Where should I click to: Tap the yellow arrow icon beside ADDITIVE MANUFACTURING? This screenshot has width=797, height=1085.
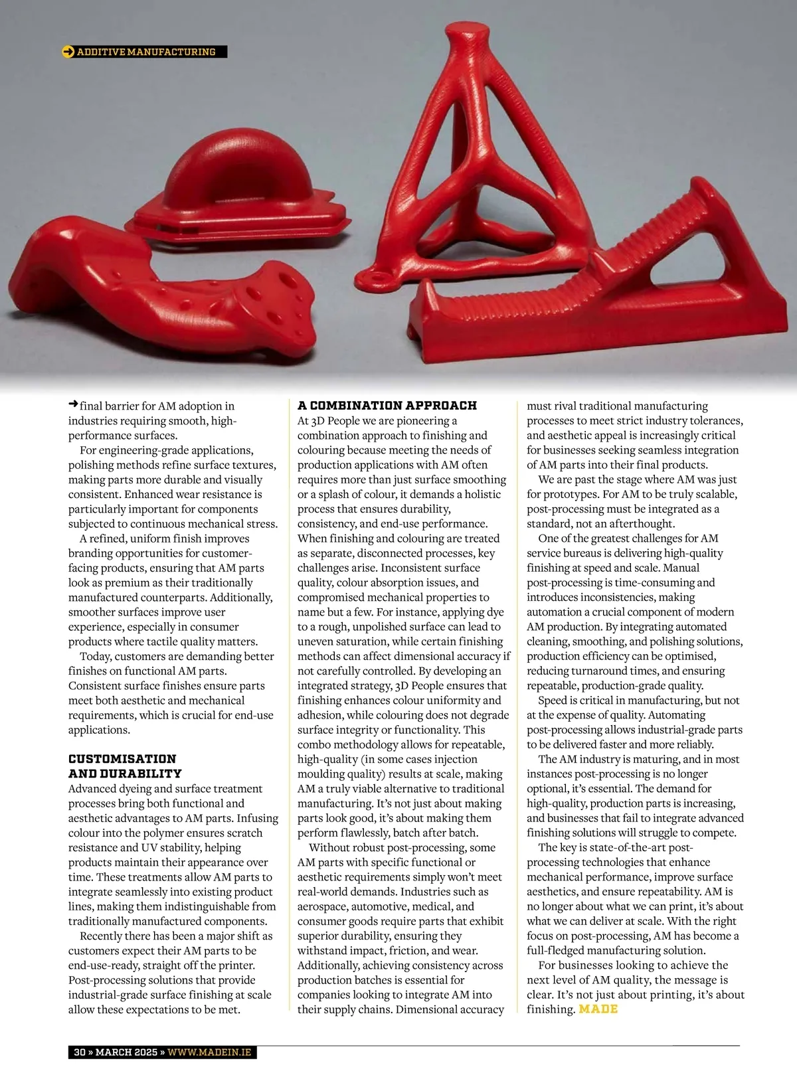click(68, 52)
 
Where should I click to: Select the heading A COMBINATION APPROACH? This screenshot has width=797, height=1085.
click(387, 406)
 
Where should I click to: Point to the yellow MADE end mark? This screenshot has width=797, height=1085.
click(598, 1009)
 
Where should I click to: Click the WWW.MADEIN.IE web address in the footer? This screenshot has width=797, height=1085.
click(209, 1052)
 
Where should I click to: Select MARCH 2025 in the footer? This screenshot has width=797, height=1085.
click(126, 1052)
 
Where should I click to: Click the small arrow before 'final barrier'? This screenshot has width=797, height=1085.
click(73, 404)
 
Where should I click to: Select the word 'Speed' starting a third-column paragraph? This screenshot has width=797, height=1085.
click(555, 701)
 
